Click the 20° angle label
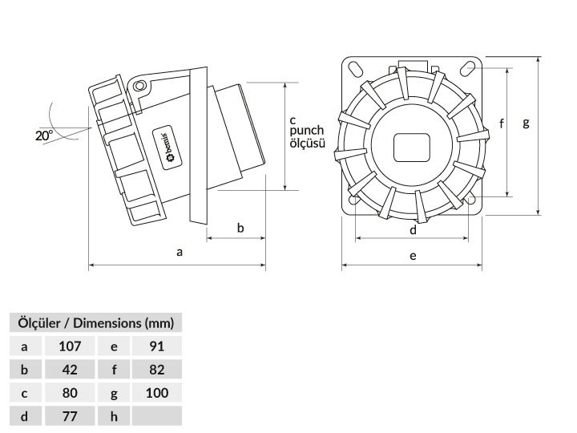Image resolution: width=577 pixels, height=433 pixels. click(x=44, y=136)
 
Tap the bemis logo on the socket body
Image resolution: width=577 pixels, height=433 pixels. click(x=167, y=147)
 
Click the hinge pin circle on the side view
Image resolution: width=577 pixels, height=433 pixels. click(x=139, y=87)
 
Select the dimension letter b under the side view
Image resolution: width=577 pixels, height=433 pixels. click(x=240, y=228)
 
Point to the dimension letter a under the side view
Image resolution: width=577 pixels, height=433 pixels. click(x=180, y=253)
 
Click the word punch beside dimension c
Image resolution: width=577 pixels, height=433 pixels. click(x=306, y=131)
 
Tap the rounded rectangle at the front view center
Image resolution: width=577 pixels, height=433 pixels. click(x=412, y=148)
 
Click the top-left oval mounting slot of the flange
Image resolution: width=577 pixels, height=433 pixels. click(x=356, y=68)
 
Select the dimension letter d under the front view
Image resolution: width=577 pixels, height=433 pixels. click(x=413, y=230)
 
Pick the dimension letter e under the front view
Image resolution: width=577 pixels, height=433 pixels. click(x=413, y=256)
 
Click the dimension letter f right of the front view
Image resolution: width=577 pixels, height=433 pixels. click(x=502, y=123)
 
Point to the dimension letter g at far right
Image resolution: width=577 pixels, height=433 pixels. click(x=527, y=123)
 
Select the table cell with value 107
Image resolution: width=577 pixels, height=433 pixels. click(x=70, y=346)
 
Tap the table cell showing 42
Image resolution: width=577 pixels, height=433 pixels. click(x=70, y=370)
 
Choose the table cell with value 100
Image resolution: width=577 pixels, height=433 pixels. click(x=157, y=393)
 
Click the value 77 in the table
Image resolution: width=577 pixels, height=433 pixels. click(x=70, y=416)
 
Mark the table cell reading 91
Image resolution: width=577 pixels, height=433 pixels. click(x=157, y=346)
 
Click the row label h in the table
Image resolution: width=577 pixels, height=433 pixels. click(x=114, y=416)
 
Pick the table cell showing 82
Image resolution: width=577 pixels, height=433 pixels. click(x=157, y=370)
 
